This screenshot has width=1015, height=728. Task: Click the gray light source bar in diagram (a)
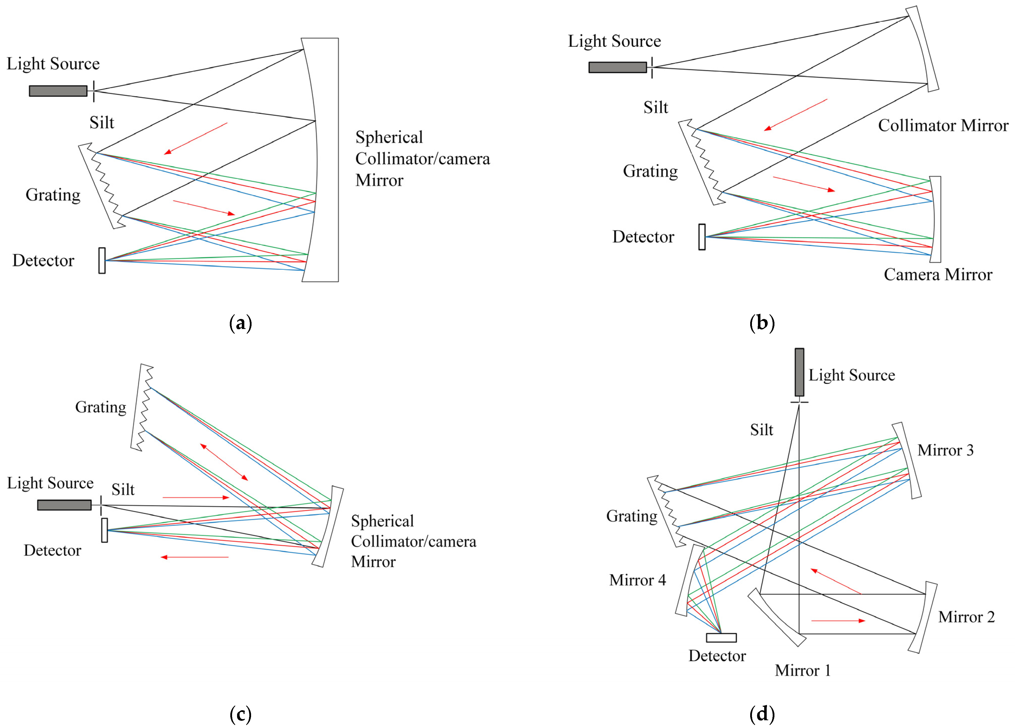58,91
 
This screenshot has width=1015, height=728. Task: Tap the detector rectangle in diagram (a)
102,260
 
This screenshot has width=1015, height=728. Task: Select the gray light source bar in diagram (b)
618,67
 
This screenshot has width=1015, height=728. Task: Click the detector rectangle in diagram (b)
702,237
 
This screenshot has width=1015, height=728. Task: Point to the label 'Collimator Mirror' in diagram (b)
943,125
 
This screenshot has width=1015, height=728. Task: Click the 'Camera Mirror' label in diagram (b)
937,274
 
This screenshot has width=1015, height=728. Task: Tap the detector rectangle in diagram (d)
721,637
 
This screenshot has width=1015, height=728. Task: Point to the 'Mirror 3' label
945,450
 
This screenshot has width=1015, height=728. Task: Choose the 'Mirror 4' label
637,580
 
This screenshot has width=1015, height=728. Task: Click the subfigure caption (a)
240,323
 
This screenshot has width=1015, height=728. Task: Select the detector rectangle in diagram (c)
104,530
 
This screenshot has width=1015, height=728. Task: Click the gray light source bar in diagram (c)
65,505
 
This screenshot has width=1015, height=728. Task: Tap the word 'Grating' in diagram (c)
101,407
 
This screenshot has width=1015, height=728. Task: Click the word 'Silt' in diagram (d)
761,430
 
